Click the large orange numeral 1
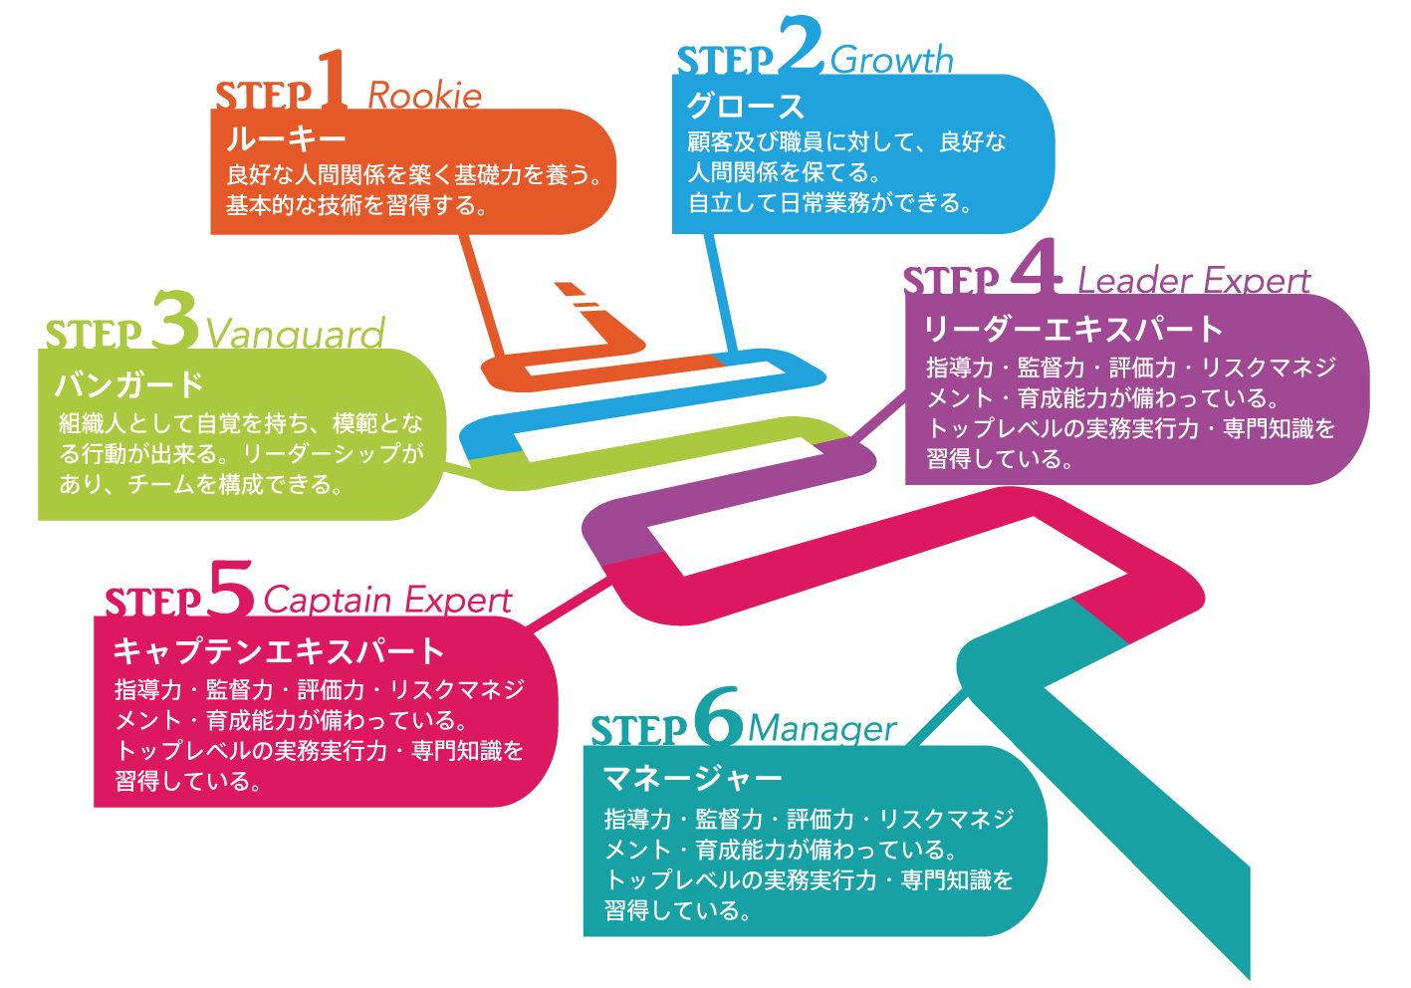333,81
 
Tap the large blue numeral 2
801,45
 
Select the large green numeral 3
176,320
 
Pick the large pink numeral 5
233,588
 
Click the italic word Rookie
424,96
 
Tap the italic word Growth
891,60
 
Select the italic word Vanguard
295,334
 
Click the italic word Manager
822,729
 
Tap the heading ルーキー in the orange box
286,139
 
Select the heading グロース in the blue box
745,107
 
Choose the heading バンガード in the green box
129,383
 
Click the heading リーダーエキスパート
1073,330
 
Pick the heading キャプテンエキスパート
279,651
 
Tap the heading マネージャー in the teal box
693,778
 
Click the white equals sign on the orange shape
587,302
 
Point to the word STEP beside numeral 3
94,335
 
